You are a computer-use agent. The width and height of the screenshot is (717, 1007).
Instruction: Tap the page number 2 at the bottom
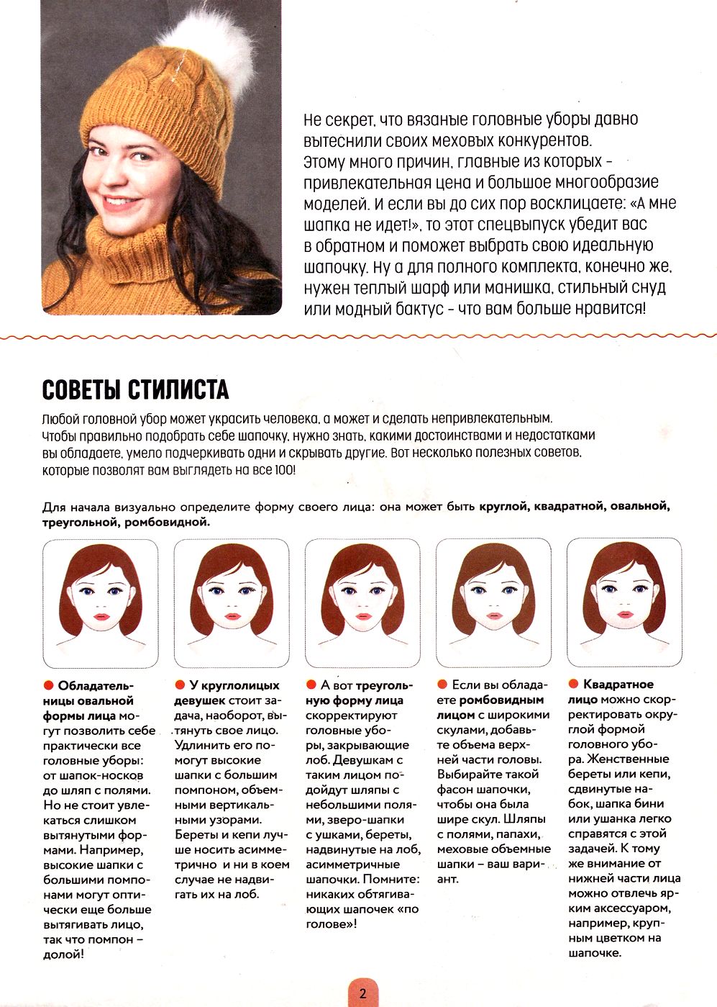pyautogui.click(x=362, y=994)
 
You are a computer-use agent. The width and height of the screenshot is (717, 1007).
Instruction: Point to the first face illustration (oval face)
pyautogui.click(x=100, y=603)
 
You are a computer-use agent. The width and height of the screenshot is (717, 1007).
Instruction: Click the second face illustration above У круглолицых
pyautogui.click(x=232, y=603)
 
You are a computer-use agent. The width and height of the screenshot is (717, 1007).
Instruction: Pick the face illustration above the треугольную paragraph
pyautogui.click(x=362, y=603)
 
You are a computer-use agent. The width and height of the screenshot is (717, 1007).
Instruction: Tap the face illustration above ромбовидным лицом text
pyautogui.click(x=494, y=603)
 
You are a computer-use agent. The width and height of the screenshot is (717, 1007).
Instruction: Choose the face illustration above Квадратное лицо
pyautogui.click(x=624, y=603)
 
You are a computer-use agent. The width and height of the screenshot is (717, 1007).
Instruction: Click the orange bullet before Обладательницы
pyautogui.click(x=48, y=685)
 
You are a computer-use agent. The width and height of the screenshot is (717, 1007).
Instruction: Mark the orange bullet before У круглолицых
pyautogui.click(x=180, y=685)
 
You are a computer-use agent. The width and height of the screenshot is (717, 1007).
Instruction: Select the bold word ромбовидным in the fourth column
pyautogui.click(x=501, y=700)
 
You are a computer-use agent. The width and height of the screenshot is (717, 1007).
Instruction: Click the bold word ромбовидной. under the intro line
pyautogui.click(x=167, y=522)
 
